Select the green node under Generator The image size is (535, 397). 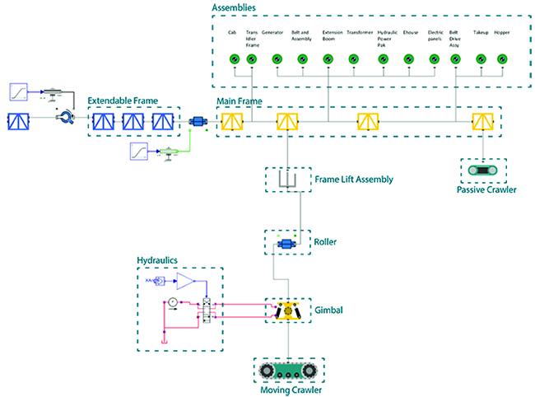pos(277,58)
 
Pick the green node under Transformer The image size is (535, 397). pos(353,58)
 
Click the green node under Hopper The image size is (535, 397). pos(501,58)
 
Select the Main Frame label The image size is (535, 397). pos(239,100)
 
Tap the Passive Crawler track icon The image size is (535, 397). pos(482,170)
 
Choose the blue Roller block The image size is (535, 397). pos(287,243)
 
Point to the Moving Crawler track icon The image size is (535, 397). pos(288,370)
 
